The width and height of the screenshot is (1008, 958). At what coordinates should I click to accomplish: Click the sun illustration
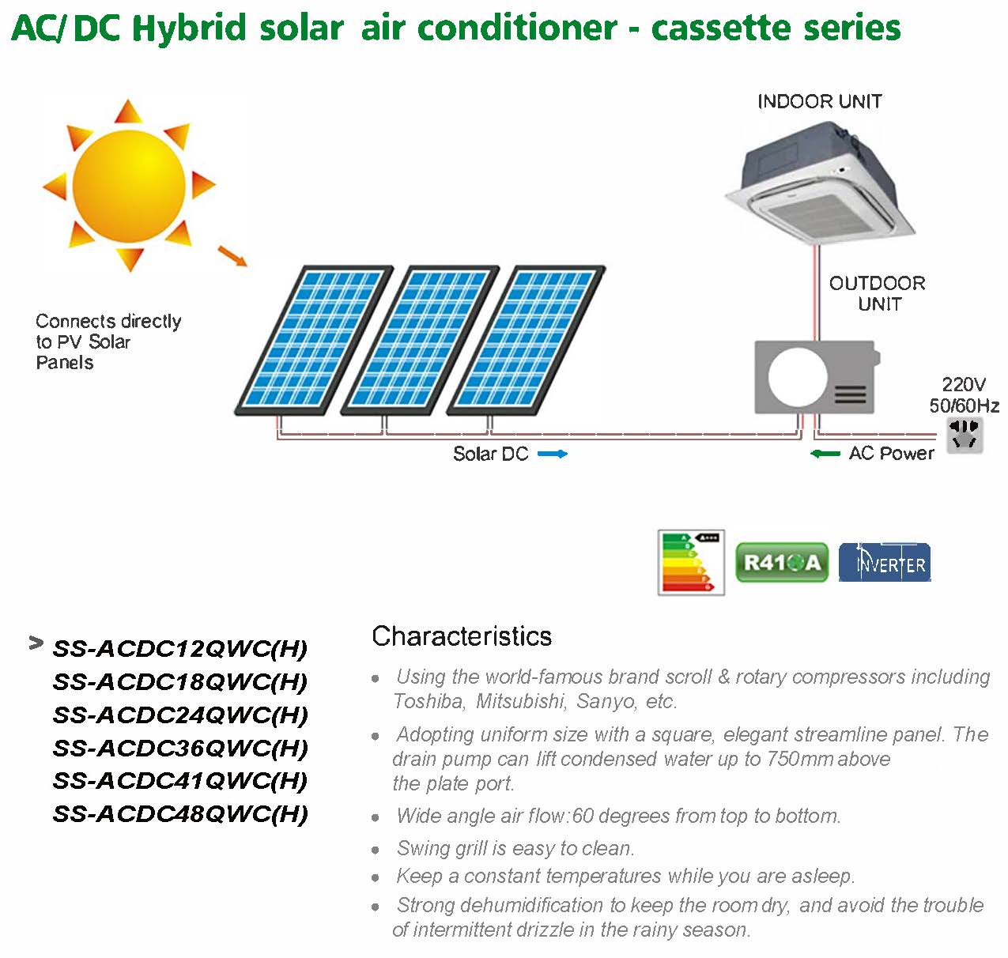pos(129,186)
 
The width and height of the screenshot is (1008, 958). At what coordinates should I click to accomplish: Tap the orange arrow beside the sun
pos(232,256)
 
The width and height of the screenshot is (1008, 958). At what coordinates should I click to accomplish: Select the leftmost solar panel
pos(314,341)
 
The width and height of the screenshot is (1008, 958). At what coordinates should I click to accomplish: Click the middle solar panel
pos(420,341)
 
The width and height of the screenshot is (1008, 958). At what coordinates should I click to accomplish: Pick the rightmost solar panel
pos(526,341)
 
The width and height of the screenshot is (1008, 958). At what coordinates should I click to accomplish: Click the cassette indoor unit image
pos(819,184)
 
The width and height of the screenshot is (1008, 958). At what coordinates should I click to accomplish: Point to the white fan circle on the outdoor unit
pos(798,377)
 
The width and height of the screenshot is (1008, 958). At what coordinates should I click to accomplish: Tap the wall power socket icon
pos(965,436)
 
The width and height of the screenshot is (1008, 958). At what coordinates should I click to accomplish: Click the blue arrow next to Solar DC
pos(553,454)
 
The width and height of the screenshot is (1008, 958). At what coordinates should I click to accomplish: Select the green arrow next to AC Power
pos(825,454)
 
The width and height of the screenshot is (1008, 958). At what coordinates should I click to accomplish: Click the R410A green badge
pos(782,562)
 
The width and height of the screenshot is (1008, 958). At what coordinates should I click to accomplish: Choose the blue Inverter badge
pos(885,562)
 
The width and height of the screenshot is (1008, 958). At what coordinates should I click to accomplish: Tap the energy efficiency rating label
pos(691,562)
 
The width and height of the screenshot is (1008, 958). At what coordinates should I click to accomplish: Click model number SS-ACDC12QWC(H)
pos(180,649)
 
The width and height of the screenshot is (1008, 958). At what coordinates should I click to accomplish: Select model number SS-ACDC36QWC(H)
pos(180,749)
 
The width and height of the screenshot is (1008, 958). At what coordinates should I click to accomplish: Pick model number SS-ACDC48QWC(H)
pos(180,814)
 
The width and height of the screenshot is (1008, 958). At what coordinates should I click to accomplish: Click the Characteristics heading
pos(462,636)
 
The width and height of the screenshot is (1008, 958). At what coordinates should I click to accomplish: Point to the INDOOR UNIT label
pos(820,101)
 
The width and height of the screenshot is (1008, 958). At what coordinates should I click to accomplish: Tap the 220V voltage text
pos(964,384)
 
